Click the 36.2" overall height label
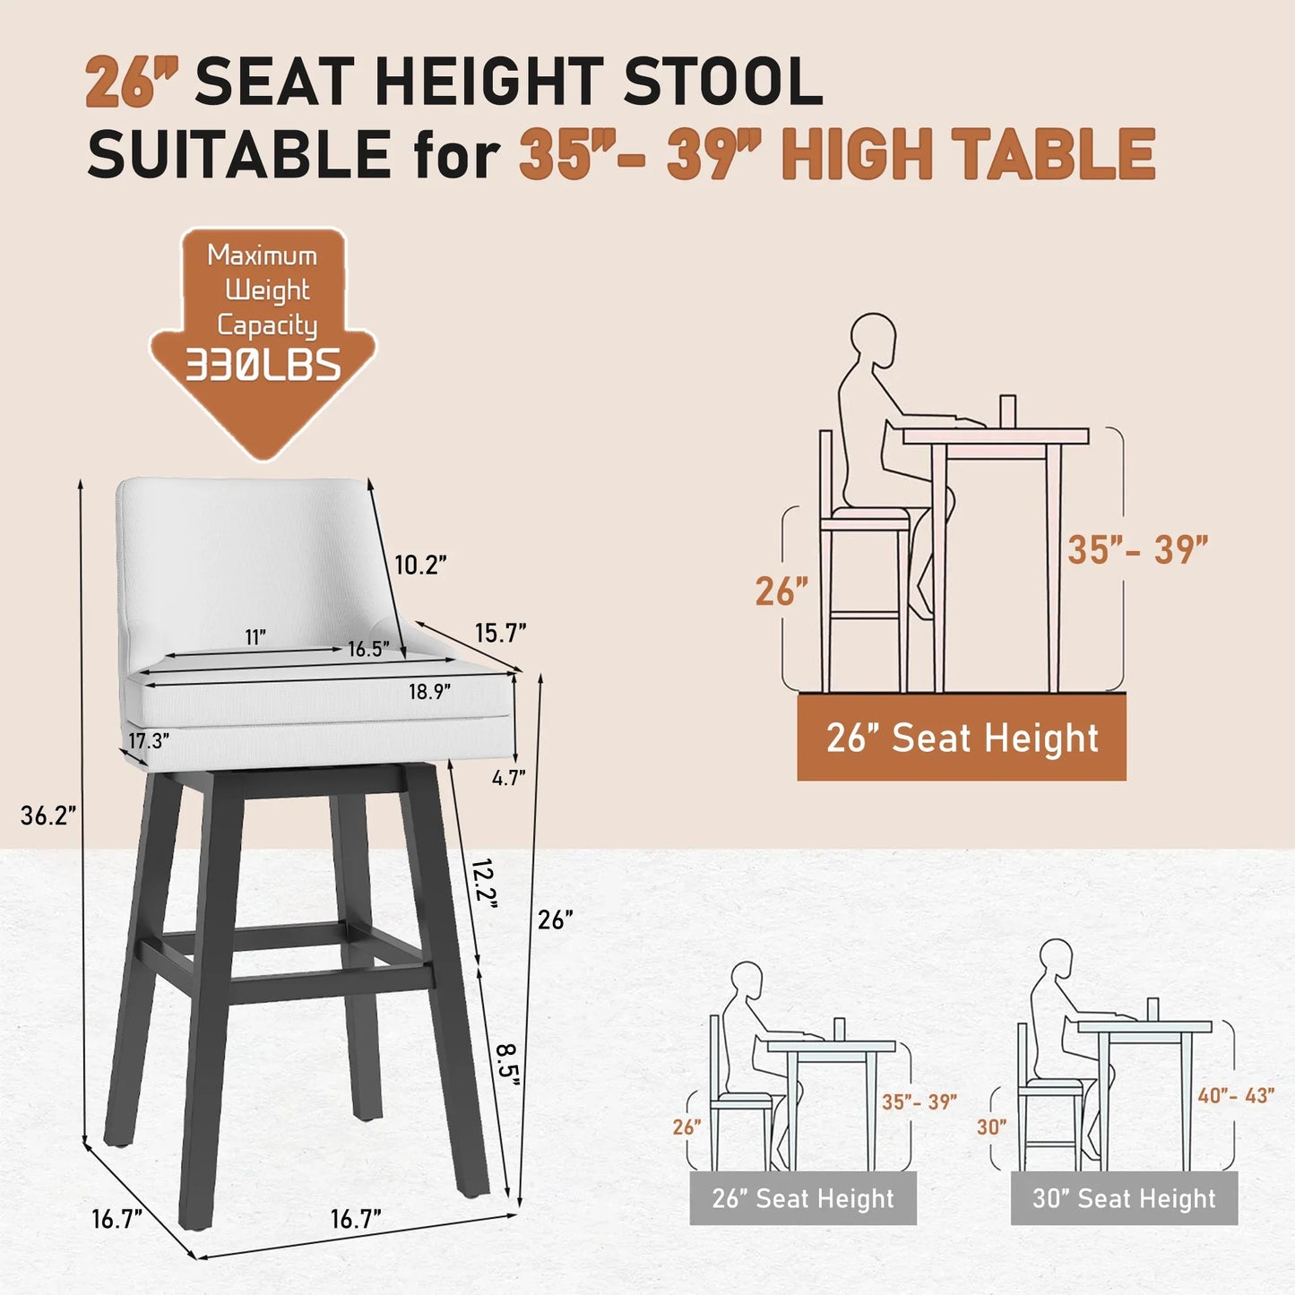tap(47, 816)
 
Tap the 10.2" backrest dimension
tap(420, 565)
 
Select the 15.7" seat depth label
tap(500, 633)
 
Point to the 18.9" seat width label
tap(429, 692)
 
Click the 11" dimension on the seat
tap(255, 637)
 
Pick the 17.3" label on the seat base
tap(148, 741)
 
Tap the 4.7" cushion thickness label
tap(508, 778)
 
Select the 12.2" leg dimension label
tap(484, 883)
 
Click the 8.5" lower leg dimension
tap(508, 1061)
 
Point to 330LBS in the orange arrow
tap(263, 366)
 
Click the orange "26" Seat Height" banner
tap(962, 738)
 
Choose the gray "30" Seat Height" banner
tap(1124, 1198)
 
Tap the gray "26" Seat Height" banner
tap(803, 1198)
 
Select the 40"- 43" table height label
tap(1236, 1095)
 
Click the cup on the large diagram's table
tap(1007, 411)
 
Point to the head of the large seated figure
tap(873, 338)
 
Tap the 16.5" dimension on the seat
tap(368, 649)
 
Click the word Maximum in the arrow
tap(263, 255)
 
